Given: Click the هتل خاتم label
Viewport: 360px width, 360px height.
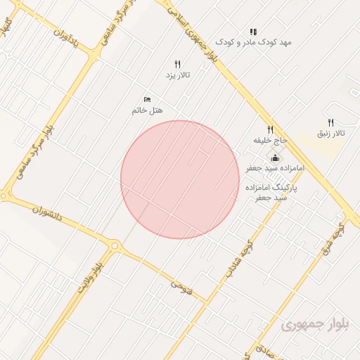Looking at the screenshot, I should [147, 111].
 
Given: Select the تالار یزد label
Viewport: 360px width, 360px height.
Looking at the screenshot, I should [178, 75].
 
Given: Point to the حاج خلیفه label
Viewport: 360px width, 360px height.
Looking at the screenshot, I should [271, 141].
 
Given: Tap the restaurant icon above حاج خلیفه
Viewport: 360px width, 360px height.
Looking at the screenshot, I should [270, 129].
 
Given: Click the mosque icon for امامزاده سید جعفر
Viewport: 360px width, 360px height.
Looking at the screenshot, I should [274, 158].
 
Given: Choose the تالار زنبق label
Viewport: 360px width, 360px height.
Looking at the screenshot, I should [331, 133].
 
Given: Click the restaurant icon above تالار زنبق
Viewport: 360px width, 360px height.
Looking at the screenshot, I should [330, 122].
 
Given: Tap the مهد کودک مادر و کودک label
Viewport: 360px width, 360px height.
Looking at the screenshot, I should [253, 42].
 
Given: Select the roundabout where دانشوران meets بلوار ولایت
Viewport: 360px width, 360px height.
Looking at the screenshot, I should [115, 246].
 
